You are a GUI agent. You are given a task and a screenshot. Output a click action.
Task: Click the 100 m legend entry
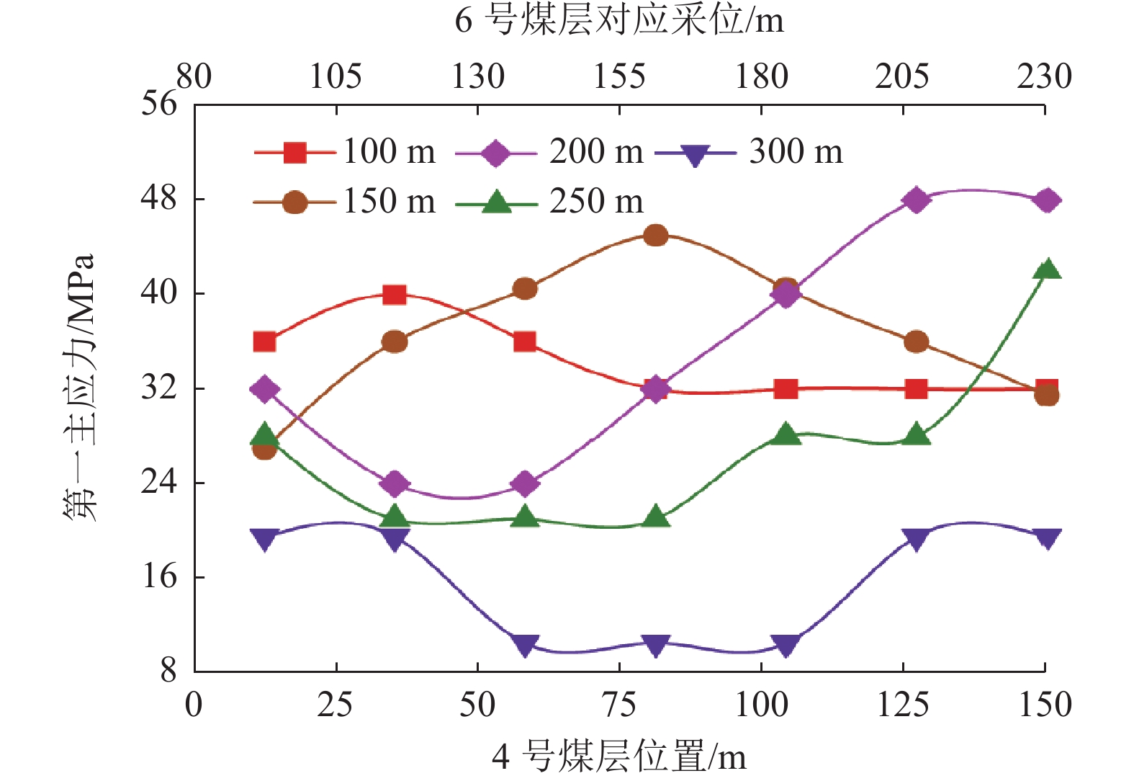pos(346,153)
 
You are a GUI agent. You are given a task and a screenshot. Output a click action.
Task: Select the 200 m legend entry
pos(551,153)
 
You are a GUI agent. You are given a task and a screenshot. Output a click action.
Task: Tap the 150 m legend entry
pos(346,202)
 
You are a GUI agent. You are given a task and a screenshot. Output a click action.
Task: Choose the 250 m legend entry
pos(551,202)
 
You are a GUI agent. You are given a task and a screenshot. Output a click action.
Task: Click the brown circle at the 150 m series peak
pos(655,236)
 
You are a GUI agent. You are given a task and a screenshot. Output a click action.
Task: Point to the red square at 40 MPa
pos(395,295)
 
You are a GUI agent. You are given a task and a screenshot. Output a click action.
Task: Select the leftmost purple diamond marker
pos(264,390)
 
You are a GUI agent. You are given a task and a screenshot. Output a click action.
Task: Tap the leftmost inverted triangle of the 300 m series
pos(264,539)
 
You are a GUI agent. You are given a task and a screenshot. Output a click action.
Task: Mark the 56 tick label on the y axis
pos(158,104)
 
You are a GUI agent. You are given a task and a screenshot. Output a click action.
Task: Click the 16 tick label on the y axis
pos(158,576)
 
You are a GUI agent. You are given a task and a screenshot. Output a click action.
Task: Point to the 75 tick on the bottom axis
pos(619,705)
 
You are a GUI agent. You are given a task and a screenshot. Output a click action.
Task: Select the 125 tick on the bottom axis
pos(903,705)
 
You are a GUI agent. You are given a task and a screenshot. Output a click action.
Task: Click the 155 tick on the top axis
pos(619,76)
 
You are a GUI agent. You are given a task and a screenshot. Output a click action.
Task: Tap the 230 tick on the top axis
pos(1044,76)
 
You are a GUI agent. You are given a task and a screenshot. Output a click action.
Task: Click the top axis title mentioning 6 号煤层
pos(619,20)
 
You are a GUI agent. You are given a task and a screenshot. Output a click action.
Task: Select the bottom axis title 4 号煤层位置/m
pos(619,757)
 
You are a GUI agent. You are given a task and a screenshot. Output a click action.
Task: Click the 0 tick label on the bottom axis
pos(194,705)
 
